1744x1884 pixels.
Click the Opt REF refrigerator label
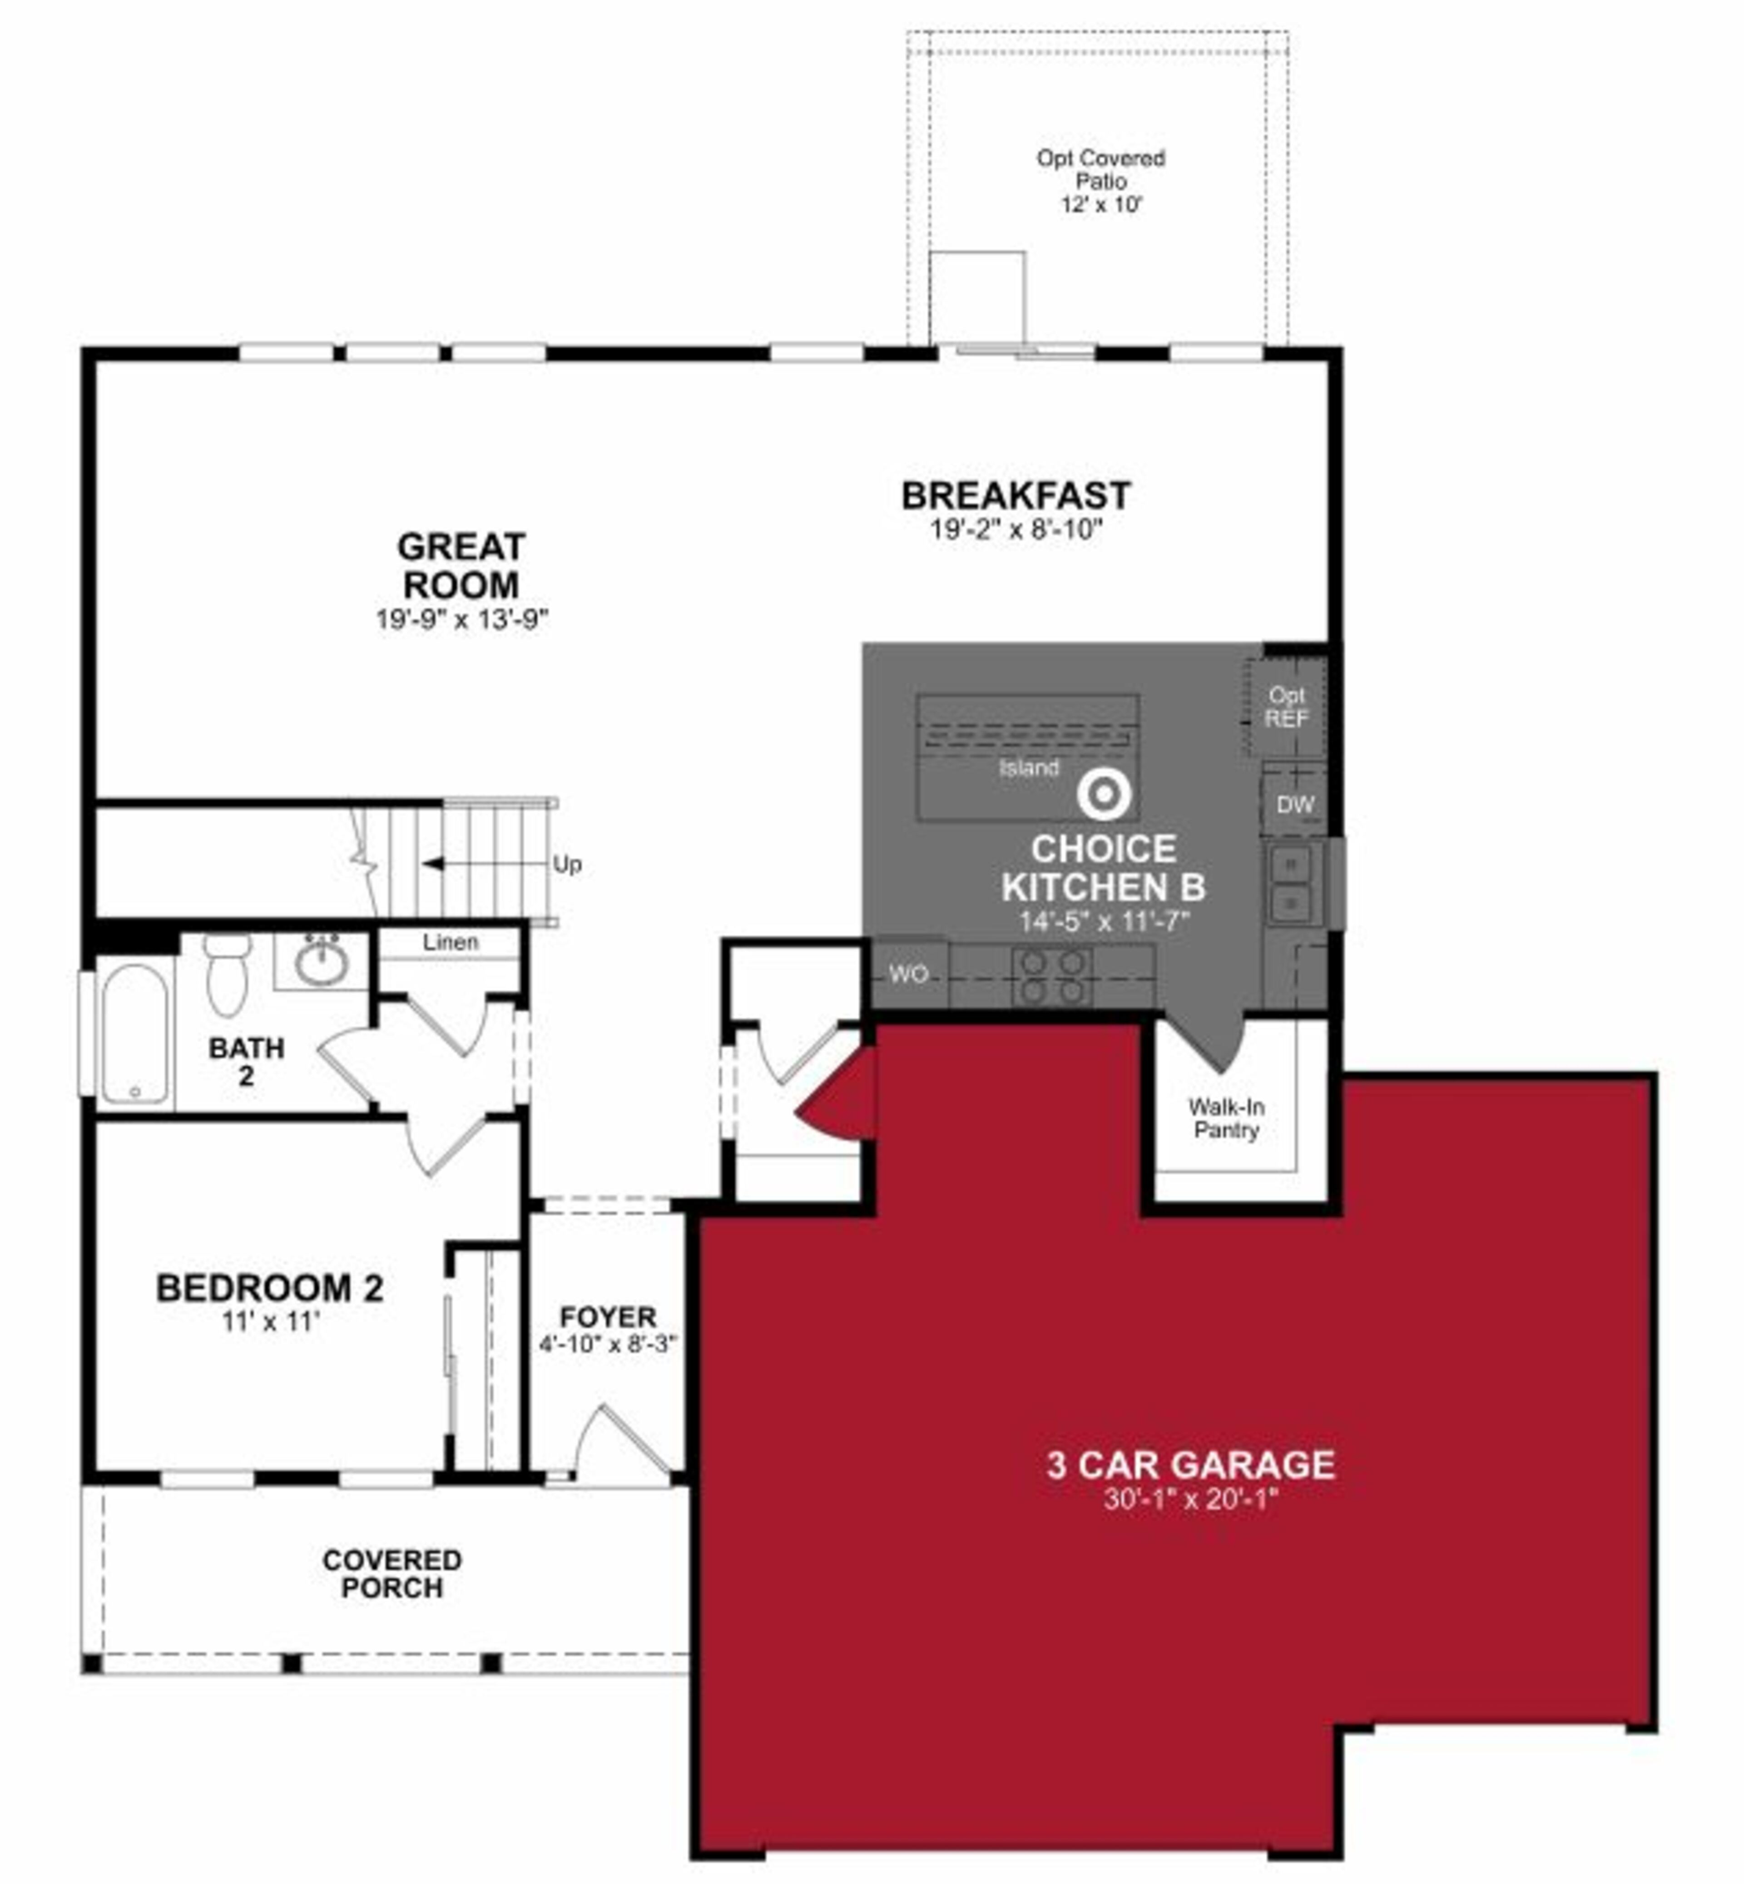[x=1286, y=707]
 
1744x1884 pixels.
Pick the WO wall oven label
[x=908, y=974]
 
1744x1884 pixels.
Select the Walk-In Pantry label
[x=1226, y=1118]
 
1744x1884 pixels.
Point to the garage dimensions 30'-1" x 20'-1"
[x=1190, y=1499]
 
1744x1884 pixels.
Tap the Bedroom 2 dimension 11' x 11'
[x=271, y=1322]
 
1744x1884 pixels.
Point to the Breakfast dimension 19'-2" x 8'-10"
[x=1016, y=529]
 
